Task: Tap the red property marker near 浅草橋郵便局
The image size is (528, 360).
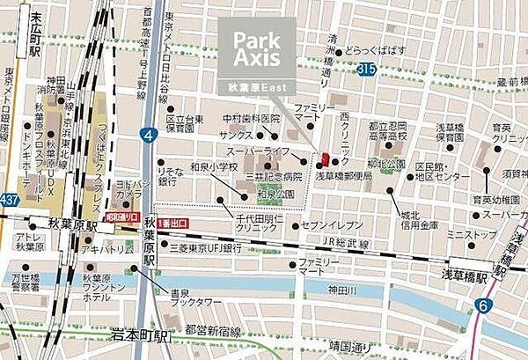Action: point(326,159)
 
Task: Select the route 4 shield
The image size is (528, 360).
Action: point(150,136)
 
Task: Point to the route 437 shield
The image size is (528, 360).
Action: point(10,202)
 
